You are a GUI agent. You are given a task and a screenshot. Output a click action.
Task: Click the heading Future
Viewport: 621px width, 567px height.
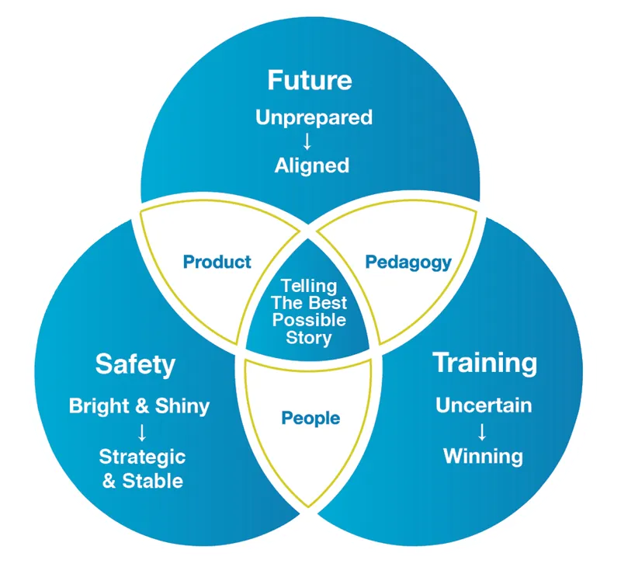click(x=309, y=80)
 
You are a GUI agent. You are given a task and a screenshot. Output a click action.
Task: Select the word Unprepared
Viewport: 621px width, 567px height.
click(x=314, y=118)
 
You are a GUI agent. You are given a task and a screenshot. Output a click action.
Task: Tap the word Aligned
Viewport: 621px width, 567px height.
click(x=311, y=165)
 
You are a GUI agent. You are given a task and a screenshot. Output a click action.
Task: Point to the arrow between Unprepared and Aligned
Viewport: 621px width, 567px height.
click(x=307, y=141)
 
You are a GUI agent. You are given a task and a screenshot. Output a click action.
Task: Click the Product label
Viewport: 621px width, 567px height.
click(x=217, y=262)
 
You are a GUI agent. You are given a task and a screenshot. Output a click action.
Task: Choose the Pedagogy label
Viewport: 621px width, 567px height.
click(x=408, y=262)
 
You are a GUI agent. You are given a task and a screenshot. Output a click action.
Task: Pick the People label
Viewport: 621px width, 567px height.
click(x=310, y=419)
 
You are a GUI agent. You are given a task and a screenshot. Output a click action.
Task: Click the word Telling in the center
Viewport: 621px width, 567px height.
click(x=308, y=286)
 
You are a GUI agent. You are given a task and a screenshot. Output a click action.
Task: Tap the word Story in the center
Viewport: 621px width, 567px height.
click(x=309, y=337)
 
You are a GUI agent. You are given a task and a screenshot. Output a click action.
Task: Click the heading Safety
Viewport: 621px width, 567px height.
click(x=135, y=364)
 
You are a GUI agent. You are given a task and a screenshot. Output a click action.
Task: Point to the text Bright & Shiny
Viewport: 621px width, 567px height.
click(x=139, y=405)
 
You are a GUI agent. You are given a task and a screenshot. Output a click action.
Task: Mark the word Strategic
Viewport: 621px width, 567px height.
click(x=142, y=456)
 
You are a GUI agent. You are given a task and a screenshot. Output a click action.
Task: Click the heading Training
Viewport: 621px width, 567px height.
click(x=484, y=363)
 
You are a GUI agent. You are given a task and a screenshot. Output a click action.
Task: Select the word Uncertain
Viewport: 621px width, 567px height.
click(x=483, y=405)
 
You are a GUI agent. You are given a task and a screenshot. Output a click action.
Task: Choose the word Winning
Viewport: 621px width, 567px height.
click(x=483, y=455)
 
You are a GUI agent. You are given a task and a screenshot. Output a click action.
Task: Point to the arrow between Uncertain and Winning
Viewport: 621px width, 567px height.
click(x=482, y=430)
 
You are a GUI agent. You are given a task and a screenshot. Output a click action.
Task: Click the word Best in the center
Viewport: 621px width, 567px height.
click(x=329, y=303)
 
